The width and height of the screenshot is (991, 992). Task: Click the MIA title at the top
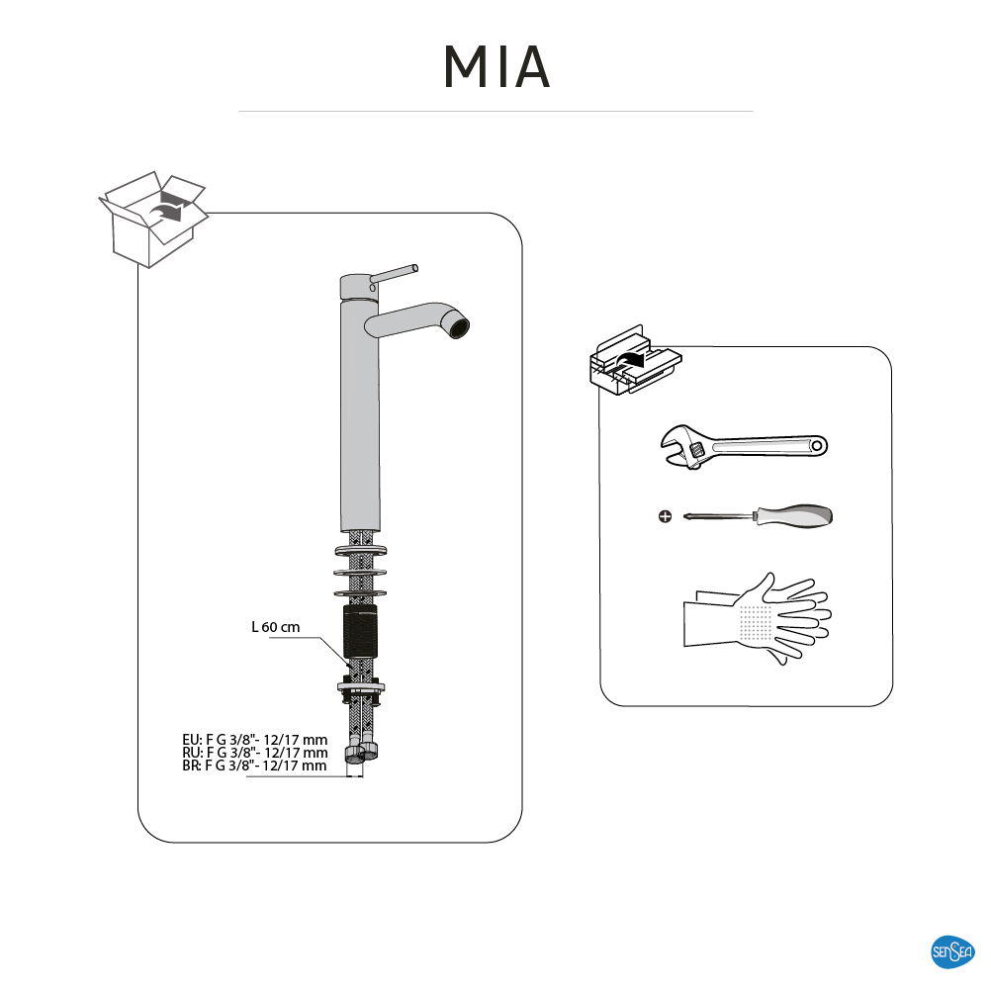[x=495, y=66]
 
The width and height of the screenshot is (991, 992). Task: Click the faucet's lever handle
[x=396, y=272]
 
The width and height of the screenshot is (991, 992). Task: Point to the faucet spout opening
[x=457, y=324]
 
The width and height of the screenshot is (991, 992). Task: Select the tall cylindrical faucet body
[x=360, y=415]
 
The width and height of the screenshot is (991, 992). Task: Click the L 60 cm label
[x=275, y=627]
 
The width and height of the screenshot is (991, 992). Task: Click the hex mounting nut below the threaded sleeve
[x=360, y=685]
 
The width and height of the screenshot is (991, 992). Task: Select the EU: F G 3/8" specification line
[x=254, y=740]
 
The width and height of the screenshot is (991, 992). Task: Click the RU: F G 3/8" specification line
[x=254, y=753]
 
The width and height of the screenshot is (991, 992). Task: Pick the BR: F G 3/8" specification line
[x=254, y=766]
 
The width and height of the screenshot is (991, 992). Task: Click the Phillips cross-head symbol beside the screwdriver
[x=665, y=516]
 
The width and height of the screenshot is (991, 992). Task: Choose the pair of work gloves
[x=757, y=618]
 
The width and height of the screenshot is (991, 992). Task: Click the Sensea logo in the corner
[x=952, y=952]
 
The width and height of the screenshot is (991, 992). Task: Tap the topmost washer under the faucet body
[x=360, y=550]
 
